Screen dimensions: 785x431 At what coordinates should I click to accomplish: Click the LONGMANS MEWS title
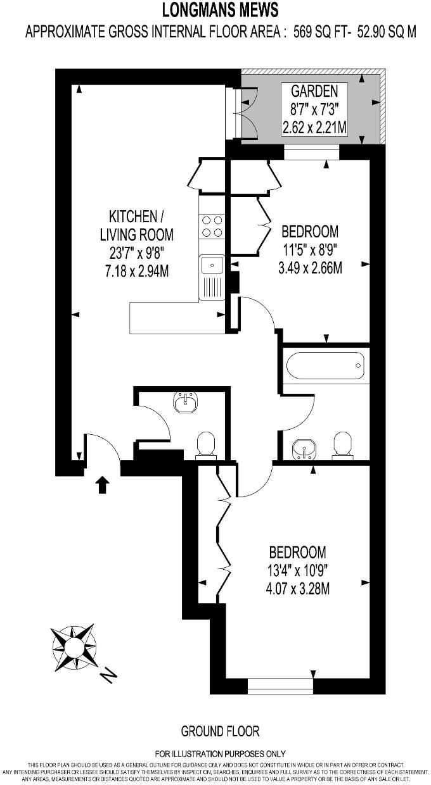[x=220, y=10]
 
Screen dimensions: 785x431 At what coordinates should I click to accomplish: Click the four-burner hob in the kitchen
[x=212, y=226]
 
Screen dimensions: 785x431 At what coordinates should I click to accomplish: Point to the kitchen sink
[x=212, y=264]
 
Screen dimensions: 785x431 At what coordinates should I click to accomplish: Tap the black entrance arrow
[x=103, y=485]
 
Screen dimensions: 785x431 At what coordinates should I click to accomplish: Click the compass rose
[x=74, y=646]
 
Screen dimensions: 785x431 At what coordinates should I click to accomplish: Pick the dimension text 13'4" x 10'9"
[x=297, y=570]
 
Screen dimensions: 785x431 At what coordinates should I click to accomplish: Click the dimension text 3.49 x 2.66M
[x=311, y=268]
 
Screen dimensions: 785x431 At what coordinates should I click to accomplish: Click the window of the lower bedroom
[x=281, y=685]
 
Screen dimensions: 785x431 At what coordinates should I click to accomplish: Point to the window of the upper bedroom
[x=311, y=153]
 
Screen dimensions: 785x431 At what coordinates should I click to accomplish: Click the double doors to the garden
[x=243, y=113]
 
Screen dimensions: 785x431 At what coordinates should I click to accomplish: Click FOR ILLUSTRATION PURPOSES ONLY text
[x=220, y=754]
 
